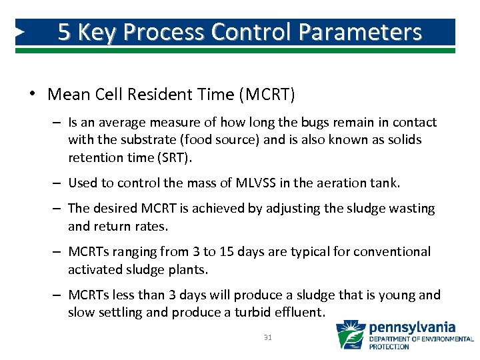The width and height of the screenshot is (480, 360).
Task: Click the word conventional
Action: [392, 251]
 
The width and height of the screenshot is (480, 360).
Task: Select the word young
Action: [395, 295]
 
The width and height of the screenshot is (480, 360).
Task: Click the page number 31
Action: [268, 337]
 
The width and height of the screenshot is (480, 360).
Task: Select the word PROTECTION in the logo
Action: [389, 347]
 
